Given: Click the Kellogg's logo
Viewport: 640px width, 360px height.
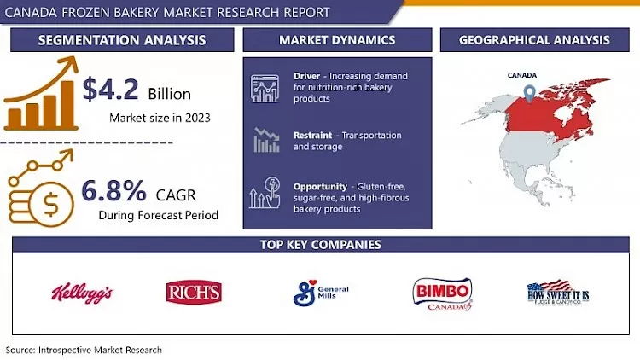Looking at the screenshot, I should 82,293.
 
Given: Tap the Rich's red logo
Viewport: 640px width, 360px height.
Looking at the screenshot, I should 194,293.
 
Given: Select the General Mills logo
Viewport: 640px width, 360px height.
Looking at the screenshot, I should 320,293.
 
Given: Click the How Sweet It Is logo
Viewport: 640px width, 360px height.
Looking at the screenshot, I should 558,293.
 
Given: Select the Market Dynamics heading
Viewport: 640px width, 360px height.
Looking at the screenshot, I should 337,40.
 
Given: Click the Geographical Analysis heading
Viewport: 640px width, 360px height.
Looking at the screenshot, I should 534,40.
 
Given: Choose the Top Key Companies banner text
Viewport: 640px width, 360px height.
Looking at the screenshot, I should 320,245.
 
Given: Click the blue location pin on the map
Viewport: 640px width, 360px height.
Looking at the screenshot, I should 530,94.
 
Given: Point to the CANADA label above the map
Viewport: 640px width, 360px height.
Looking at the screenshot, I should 522,75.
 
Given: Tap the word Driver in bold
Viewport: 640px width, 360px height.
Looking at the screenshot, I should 306,77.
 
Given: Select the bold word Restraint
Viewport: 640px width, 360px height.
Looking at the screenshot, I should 313,136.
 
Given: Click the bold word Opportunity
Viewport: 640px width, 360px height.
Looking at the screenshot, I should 320,186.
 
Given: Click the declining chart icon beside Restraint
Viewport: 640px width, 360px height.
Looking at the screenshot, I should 265,140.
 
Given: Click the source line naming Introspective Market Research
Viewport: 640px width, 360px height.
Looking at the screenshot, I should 84,350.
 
